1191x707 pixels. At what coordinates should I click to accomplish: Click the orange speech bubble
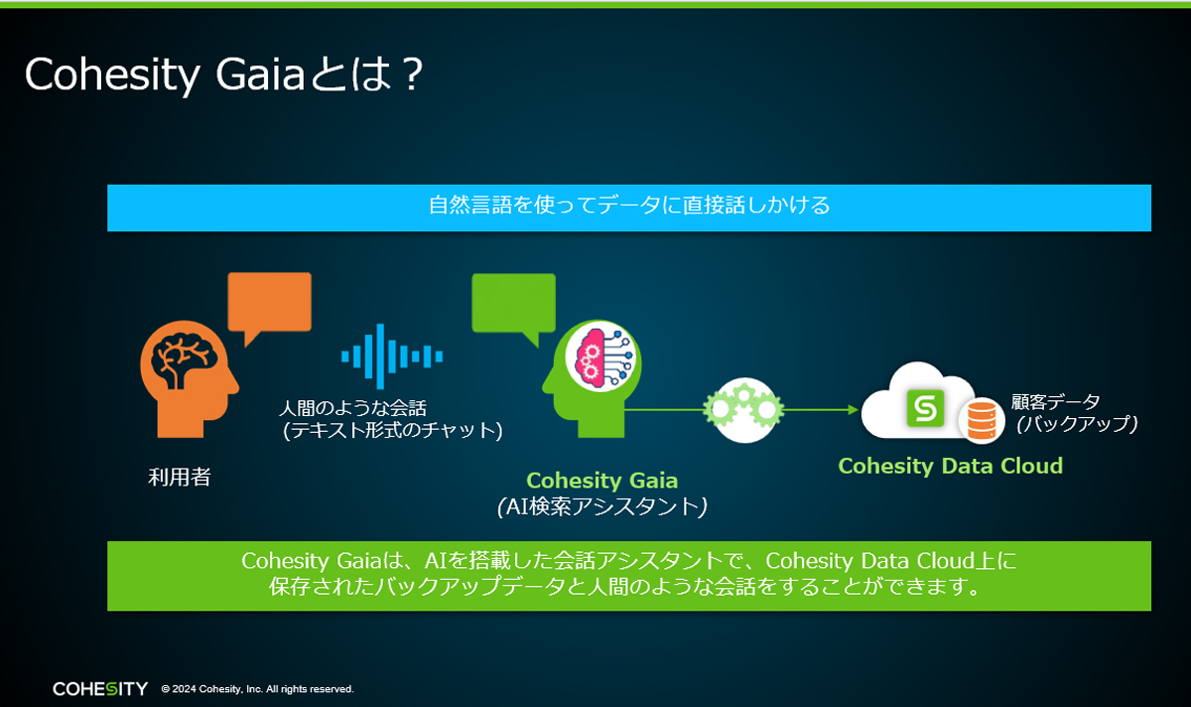click(x=269, y=303)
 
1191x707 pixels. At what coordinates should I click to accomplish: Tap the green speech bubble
click(x=514, y=304)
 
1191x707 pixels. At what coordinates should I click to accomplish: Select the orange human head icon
click(x=189, y=378)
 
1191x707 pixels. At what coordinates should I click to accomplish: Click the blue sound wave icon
click(x=392, y=356)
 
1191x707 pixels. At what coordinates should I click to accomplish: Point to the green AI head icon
click(x=592, y=378)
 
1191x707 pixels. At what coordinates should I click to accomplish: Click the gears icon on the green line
click(x=743, y=410)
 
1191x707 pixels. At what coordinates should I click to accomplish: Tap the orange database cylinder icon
click(x=982, y=421)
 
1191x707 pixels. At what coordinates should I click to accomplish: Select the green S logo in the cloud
click(x=925, y=408)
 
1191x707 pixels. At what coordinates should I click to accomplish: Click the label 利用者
click(x=180, y=478)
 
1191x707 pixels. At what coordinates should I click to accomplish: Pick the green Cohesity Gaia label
click(x=601, y=481)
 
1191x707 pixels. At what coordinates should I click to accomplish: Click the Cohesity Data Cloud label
click(x=950, y=466)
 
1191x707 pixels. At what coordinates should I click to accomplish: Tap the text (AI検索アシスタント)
click(x=601, y=506)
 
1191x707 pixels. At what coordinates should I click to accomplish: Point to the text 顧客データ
click(x=1055, y=401)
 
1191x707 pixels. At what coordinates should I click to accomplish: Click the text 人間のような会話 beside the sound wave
click(x=353, y=408)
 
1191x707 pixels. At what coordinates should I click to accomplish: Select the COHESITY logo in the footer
click(x=100, y=689)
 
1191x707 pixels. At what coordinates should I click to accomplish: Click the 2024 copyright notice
click(x=257, y=689)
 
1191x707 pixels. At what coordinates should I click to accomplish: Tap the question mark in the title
click(x=412, y=73)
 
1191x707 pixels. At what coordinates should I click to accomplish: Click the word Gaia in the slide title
click(x=260, y=73)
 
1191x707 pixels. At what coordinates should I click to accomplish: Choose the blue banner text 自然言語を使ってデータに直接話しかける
click(x=629, y=206)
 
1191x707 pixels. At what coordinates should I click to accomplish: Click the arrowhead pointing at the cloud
click(x=853, y=410)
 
